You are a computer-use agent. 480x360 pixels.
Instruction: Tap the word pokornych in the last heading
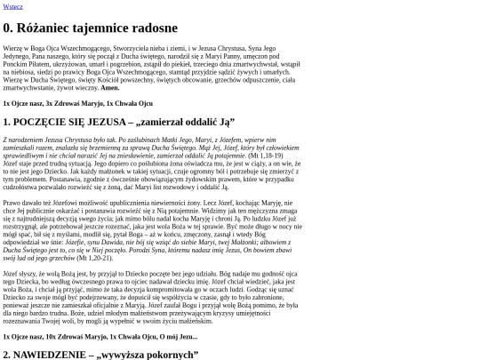(x=169, y=355)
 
